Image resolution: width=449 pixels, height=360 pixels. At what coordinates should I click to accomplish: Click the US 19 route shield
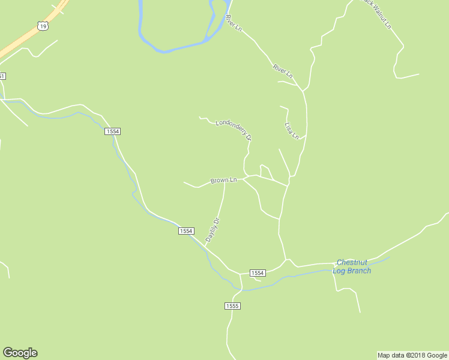pyautogui.click(x=41, y=25)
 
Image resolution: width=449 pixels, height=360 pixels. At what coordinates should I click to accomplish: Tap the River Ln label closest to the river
pyautogui.click(x=234, y=23)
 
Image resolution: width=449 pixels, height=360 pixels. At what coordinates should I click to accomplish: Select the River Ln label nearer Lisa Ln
pyautogui.click(x=282, y=71)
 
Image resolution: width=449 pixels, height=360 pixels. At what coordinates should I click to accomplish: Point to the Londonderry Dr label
pyautogui.click(x=234, y=129)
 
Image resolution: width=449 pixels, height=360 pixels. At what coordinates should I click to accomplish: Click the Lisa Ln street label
pyautogui.click(x=291, y=130)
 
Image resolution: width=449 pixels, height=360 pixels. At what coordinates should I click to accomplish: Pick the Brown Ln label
pyautogui.click(x=223, y=180)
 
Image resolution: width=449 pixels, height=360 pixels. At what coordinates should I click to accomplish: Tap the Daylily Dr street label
pyautogui.click(x=213, y=230)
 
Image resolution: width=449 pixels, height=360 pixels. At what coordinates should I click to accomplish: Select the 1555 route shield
pyautogui.click(x=233, y=306)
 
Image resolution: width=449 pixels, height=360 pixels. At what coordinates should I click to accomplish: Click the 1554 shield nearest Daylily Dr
pyautogui.click(x=186, y=231)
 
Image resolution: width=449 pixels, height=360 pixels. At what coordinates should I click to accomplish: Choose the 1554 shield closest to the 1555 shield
pyautogui.click(x=257, y=273)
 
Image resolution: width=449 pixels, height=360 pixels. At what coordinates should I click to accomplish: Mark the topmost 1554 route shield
pyautogui.click(x=112, y=131)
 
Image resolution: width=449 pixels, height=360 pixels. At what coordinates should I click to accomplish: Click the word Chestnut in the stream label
pyautogui.click(x=352, y=262)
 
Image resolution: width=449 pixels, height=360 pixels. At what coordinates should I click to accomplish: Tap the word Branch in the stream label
pyautogui.click(x=360, y=271)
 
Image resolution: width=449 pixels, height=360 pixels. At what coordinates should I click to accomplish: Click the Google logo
pyautogui.click(x=20, y=353)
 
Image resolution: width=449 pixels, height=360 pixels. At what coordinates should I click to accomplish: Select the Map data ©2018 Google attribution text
pyautogui.click(x=412, y=355)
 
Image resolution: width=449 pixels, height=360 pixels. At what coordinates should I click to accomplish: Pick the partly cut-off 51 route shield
pyautogui.click(x=2, y=76)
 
